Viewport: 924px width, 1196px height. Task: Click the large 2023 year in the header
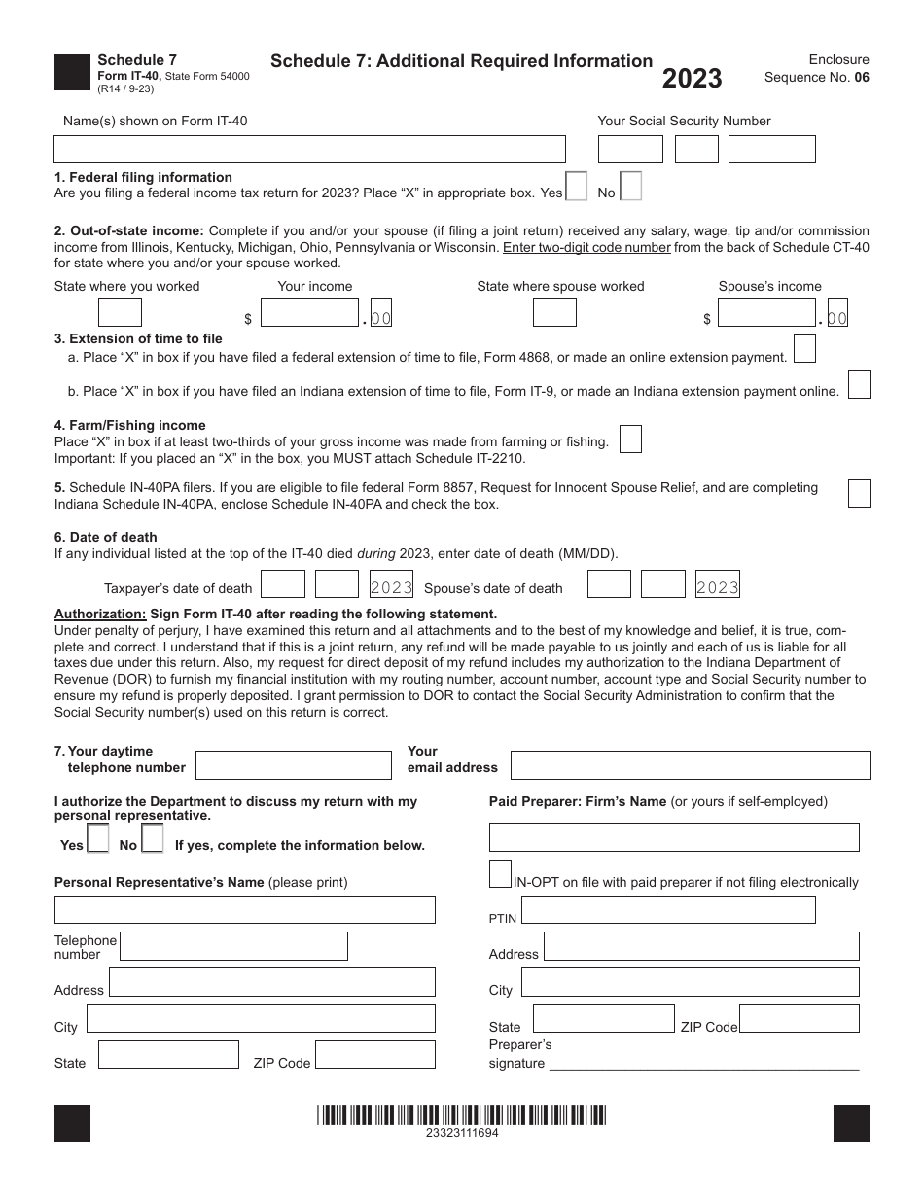[692, 79]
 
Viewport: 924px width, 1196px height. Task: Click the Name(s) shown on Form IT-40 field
[309, 149]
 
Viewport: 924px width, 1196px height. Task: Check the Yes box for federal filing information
[576, 186]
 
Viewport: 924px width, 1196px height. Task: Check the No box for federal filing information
[630, 186]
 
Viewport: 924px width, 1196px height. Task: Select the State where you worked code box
[120, 312]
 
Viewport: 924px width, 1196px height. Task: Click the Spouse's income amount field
[766, 312]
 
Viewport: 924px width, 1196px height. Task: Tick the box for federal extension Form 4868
[803, 349]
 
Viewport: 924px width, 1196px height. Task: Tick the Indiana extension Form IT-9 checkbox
[858, 385]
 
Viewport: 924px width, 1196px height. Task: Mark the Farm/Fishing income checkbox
[630, 440]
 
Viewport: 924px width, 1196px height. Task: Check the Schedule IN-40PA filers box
[858, 493]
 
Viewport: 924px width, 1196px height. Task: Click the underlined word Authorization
[99, 614]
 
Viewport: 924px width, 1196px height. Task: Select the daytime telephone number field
[293, 765]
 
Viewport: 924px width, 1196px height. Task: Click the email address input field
[690, 765]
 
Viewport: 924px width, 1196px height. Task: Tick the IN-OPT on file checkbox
[500, 873]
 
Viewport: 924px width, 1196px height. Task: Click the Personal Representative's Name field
[244, 909]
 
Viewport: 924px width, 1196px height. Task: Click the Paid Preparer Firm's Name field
[674, 837]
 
